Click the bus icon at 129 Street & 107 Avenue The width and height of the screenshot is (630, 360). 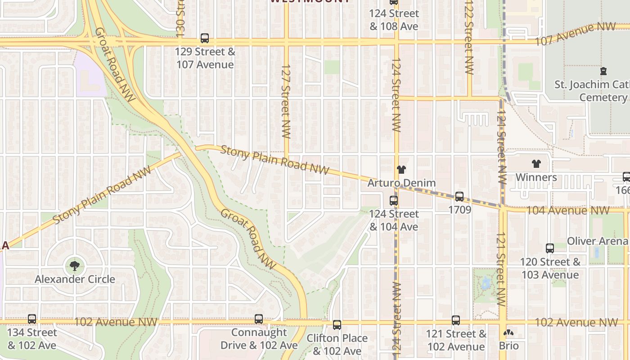[205, 38]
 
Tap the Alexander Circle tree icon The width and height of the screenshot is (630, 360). [74, 265]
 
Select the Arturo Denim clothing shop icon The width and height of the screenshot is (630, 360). [401, 170]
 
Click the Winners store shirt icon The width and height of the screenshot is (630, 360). [536, 164]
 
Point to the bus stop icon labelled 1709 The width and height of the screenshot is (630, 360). [459, 196]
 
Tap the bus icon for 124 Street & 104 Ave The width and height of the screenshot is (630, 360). [394, 200]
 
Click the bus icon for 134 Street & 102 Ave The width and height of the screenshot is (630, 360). [32, 319]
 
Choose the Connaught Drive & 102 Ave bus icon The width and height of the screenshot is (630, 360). [259, 319]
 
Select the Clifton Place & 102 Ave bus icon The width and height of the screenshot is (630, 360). [337, 325]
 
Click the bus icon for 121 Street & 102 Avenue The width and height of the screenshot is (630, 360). [456, 320]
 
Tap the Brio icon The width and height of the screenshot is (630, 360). [508, 333]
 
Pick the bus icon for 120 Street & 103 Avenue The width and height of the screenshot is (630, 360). [550, 248]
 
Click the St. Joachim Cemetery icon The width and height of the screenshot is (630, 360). [603, 71]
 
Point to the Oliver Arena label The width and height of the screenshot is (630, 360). [597, 241]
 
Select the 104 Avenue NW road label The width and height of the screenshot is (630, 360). [568, 210]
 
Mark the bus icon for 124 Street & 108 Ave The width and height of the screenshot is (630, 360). [394, 2]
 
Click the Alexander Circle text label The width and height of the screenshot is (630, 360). [75, 279]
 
